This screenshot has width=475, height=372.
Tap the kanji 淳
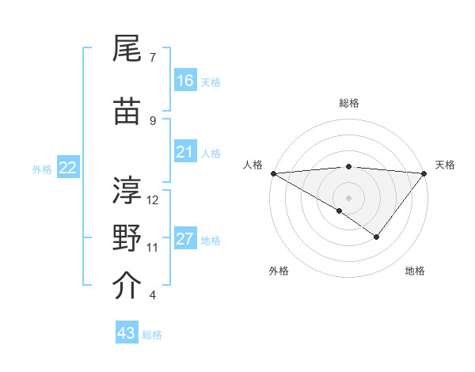(128, 189)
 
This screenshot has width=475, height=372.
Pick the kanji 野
(128, 237)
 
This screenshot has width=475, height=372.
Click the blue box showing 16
(185, 80)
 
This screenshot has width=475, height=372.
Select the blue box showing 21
(185, 151)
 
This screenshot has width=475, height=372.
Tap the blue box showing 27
(185, 238)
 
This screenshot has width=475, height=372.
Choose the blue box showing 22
(68, 168)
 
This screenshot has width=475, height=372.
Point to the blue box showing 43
(127, 333)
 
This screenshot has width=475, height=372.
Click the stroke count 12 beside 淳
(153, 199)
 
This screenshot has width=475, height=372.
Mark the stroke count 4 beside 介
(153, 295)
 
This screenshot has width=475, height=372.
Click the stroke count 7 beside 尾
(153, 57)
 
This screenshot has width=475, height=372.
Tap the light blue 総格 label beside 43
(152, 335)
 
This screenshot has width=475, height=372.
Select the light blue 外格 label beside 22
(42, 169)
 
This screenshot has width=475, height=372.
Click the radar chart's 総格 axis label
(348, 103)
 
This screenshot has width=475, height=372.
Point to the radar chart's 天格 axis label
(446, 165)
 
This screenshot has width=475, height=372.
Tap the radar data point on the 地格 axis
(377, 237)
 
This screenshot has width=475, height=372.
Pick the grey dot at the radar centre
(348, 197)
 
